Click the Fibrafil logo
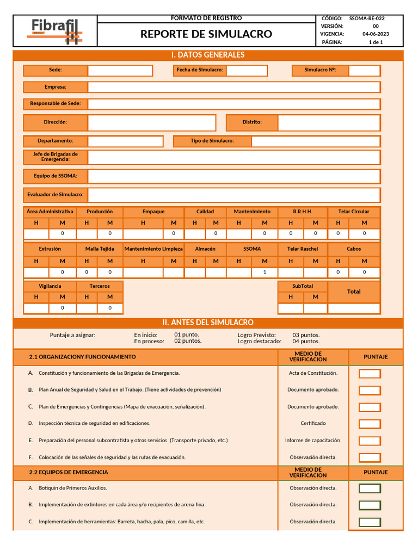tap(55, 31)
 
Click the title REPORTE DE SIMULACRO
tap(206, 34)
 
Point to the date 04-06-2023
tap(376, 34)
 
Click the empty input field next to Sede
tap(120, 70)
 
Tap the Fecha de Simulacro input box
tap(247, 70)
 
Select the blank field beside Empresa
tap(234, 87)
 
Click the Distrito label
tap(252, 122)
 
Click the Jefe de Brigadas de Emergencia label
tap(56, 157)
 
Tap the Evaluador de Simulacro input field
tap(234, 195)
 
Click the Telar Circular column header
tap(354, 212)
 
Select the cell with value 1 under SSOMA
tap(265, 272)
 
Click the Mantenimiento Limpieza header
tap(153, 249)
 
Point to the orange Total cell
tap(354, 292)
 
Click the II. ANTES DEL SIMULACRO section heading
tap(208, 323)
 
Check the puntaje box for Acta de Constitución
tap(370, 374)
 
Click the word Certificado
tap(313, 423)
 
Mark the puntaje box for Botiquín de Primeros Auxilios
tap(370, 488)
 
